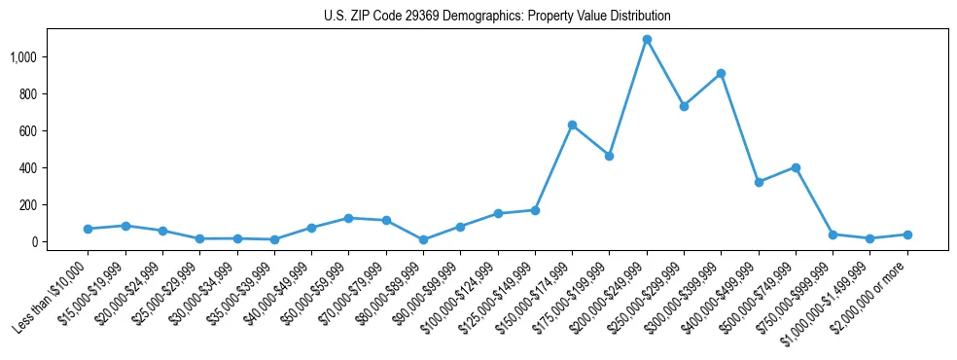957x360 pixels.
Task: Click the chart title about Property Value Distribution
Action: tap(497, 17)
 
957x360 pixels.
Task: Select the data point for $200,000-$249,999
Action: tap(647, 40)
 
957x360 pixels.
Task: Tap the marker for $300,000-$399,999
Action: tap(721, 74)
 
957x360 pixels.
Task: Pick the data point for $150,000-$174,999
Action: tap(572, 125)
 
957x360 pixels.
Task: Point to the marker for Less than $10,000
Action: tap(88, 229)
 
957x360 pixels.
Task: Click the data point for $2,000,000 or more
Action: tap(907, 234)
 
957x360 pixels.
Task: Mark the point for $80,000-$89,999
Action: tap(423, 239)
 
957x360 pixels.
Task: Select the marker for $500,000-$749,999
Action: tap(796, 167)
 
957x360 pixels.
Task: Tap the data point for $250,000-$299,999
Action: tap(684, 106)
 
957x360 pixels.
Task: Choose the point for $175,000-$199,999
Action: tap(609, 156)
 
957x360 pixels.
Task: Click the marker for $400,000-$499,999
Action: tap(759, 182)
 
